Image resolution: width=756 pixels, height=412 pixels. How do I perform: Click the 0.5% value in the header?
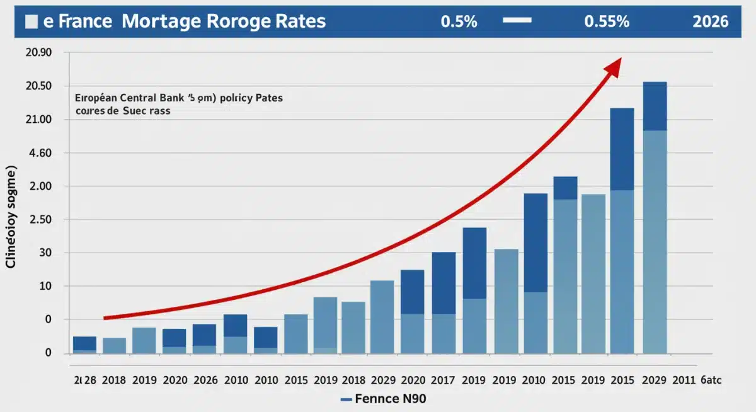coord(459,21)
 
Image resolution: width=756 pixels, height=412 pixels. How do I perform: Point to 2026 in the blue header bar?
coord(710,21)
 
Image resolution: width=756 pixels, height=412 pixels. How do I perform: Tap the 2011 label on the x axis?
coord(684,380)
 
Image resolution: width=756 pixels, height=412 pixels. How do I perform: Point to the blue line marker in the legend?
coord(345,399)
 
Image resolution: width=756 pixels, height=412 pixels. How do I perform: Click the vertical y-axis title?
coord(11,217)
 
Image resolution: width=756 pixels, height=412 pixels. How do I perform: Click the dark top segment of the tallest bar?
coord(655,106)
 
